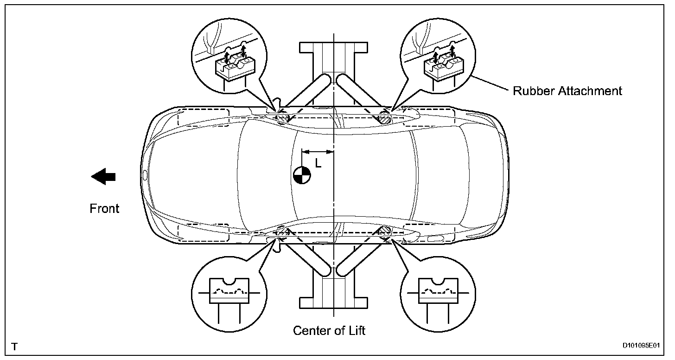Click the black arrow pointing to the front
[103, 176]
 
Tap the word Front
[104, 209]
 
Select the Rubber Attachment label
[567, 90]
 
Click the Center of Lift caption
[329, 331]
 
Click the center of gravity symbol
[302, 175]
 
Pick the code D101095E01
[642, 346]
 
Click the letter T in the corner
[15, 346]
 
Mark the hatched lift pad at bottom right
[384, 230]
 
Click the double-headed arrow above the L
[318, 151]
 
